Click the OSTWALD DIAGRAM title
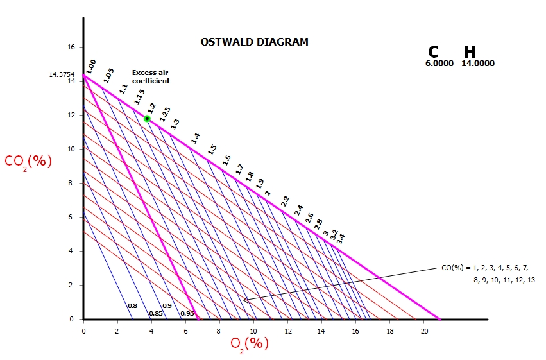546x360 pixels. pyautogui.click(x=254, y=42)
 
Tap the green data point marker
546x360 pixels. pyautogui.click(x=147, y=119)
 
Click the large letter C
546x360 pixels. pyautogui.click(x=434, y=53)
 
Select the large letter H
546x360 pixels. pyautogui.click(x=470, y=53)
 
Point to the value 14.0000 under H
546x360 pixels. pyautogui.click(x=478, y=64)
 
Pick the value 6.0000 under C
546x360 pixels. pyautogui.click(x=439, y=64)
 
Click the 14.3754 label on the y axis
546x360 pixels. pyautogui.click(x=62, y=74)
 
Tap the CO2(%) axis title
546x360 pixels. pyautogui.click(x=28, y=161)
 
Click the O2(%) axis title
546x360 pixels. pyautogui.click(x=250, y=343)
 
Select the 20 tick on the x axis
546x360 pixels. pyautogui.click(x=424, y=330)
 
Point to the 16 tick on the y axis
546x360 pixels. pyautogui.click(x=71, y=47)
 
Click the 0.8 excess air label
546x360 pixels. pyautogui.click(x=132, y=306)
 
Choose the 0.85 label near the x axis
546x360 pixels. pyautogui.click(x=155, y=313)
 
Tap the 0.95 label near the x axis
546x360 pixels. pyautogui.click(x=187, y=313)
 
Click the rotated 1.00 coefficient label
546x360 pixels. pyautogui.click(x=90, y=65)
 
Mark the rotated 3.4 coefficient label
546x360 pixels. pyautogui.click(x=341, y=239)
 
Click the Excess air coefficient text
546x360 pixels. pyautogui.click(x=151, y=77)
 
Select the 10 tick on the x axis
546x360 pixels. pyautogui.click(x=253, y=330)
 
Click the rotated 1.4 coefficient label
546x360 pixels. pyautogui.click(x=196, y=138)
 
